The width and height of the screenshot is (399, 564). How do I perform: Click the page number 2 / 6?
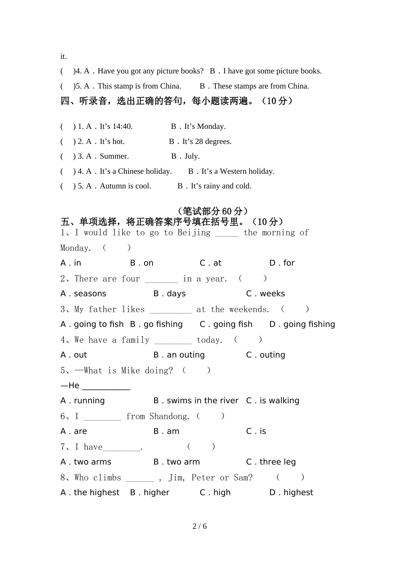coord(199,526)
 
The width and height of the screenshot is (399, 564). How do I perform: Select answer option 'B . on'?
coord(142,263)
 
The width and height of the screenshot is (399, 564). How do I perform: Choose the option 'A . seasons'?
coord(83,294)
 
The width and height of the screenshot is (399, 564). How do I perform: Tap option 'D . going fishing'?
coord(302,324)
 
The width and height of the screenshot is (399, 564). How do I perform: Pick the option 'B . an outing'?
coord(179,355)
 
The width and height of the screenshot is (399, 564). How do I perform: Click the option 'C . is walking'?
coord(273,401)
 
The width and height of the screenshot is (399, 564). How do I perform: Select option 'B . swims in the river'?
coord(196,401)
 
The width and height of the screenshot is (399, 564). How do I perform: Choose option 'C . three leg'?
coord(271,462)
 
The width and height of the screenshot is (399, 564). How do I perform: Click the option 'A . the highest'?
coord(90,493)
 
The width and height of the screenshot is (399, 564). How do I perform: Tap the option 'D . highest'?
coord(291,493)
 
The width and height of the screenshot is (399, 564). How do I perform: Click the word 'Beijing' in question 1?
coord(194,233)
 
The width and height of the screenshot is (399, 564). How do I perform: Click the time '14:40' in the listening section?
coord(122,126)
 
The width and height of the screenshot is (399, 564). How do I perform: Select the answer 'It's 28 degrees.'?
coord(207,141)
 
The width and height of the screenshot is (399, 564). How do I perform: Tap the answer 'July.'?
coord(192,156)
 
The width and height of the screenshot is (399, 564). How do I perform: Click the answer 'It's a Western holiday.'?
coord(238,171)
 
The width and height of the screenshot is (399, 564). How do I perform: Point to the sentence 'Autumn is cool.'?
coord(125,186)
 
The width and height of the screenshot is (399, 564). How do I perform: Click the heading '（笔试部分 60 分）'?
coord(213,211)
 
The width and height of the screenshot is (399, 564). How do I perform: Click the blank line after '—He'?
coord(106,386)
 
